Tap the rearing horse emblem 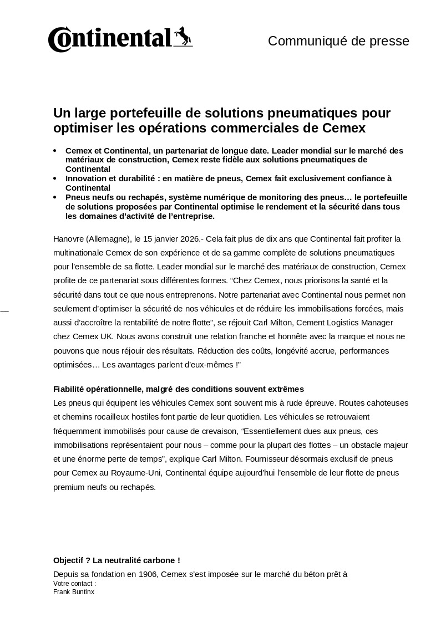pyautogui.click(x=183, y=37)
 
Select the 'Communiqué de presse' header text pyautogui.click(x=338, y=41)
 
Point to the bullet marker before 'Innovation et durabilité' pyautogui.click(x=55, y=178)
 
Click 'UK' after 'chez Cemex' pyautogui.click(x=107, y=336)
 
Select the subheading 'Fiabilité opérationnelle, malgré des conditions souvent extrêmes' pyautogui.click(x=178, y=389)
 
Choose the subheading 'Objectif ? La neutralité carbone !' pyautogui.click(x=116, y=560)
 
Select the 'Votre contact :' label pyautogui.click(x=74, y=584)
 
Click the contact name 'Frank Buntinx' pyautogui.click(x=74, y=592)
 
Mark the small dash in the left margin pyautogui.click(x=4, y=311)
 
